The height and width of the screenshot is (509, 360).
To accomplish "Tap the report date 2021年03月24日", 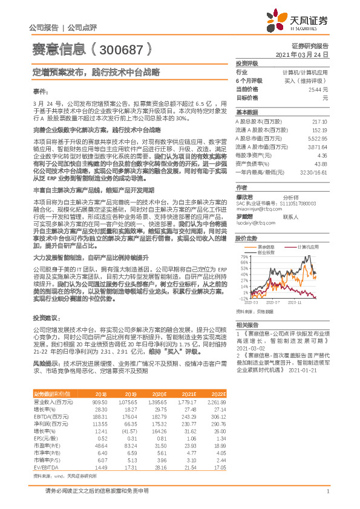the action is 306,54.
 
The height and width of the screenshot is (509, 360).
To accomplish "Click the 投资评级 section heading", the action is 247,63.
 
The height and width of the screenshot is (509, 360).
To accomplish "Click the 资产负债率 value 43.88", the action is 321,164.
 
